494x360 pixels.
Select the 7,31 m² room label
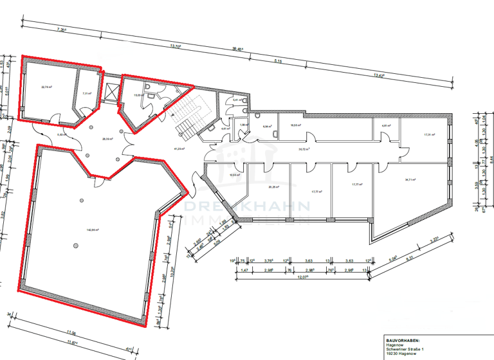click(x=87, y=93)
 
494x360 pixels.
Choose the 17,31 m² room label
click(x=430, y=134)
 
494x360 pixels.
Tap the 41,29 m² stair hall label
click(x=179, y=148)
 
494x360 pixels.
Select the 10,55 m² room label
click(x=235, y=174)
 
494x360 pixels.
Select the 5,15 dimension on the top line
click(x=279, y=61)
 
